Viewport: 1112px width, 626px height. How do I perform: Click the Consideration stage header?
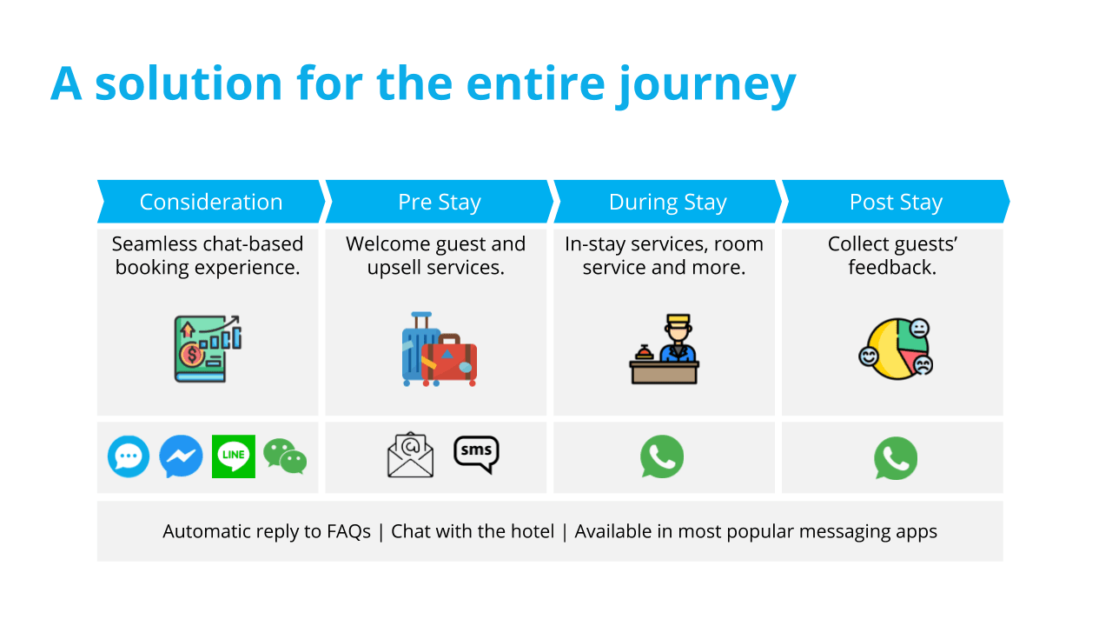pos(211,202)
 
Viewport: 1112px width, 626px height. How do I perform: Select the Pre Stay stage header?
pos(439,202)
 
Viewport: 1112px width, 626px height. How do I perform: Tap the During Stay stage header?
pos(667,202)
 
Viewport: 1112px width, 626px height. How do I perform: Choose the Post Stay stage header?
pos(896,202)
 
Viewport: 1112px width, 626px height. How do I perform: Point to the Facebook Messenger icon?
pos(181,456)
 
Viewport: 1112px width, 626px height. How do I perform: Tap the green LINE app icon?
pos(234,456)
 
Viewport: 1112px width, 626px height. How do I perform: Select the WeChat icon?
pos(286,456)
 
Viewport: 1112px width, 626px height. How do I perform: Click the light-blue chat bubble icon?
pos(129,456)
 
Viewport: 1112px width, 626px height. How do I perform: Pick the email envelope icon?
pos(410,456)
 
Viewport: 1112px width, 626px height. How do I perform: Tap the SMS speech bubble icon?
pos(476,453)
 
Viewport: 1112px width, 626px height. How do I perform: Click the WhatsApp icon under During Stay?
pos(662,457)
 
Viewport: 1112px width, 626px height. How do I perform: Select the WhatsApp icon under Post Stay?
pos(895,458)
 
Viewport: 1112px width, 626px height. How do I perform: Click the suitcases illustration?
pos(439,350)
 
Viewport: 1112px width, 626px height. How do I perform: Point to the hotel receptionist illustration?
pos(665,350)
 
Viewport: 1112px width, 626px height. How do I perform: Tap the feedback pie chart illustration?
pos(896,349)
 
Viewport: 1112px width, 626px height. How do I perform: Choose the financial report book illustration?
pos(208,349)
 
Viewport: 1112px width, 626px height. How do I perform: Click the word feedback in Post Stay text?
pos(890,268)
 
